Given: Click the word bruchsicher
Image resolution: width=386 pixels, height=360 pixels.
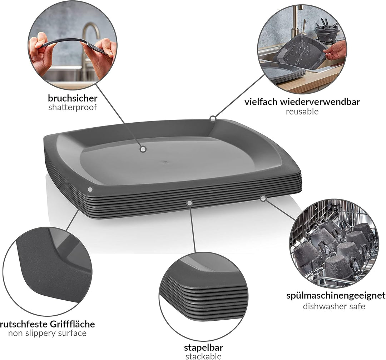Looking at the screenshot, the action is coord(73,98).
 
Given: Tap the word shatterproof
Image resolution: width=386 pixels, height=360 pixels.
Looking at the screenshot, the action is coord(73,107).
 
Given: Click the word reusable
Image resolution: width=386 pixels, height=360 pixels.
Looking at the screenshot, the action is coord(302,112).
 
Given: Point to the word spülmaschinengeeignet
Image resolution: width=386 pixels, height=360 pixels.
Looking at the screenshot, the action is coord(336,296).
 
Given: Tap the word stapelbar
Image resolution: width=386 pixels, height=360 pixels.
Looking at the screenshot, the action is coord(204,348).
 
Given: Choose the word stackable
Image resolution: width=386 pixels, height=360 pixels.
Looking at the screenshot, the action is coord(203,356).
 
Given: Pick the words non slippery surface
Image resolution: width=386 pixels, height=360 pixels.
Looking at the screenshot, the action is coord(47,334).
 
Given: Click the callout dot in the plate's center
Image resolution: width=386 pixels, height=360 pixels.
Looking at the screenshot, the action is coord(143,149).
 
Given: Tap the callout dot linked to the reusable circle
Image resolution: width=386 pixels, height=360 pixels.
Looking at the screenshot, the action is coord(213,119).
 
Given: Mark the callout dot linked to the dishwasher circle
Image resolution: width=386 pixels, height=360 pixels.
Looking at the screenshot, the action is coord(263,198).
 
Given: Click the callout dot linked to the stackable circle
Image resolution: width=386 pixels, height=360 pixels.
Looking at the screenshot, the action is coord(189,203).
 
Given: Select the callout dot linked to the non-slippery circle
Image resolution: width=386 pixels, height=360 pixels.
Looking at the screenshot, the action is coord(90,189).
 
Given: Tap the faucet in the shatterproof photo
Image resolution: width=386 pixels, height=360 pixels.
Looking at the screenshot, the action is coord(88,44).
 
